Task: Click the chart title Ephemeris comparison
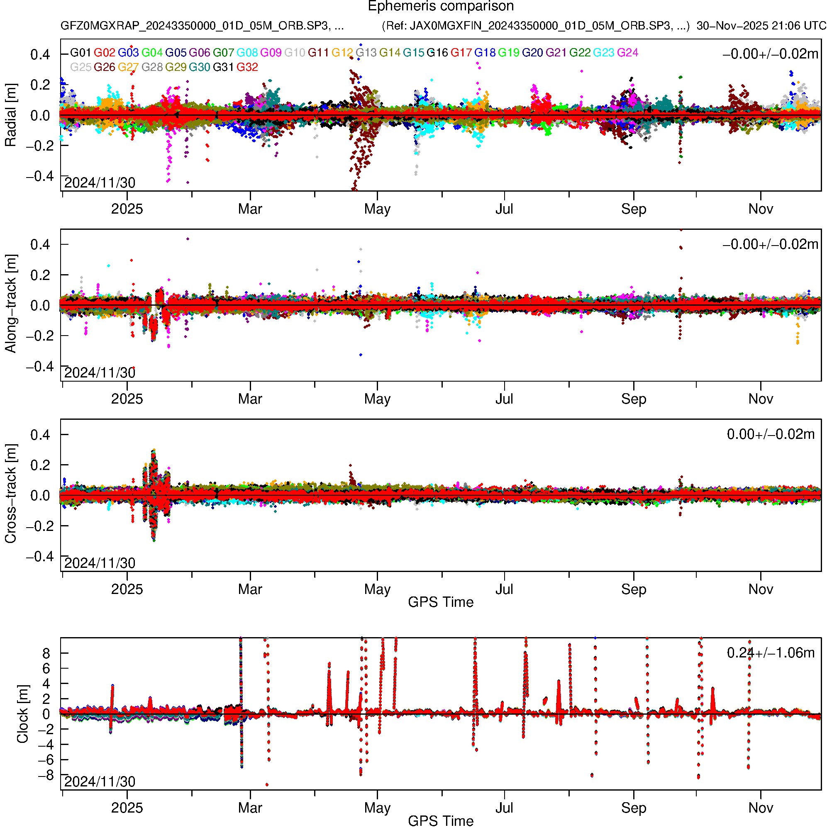point(441,6)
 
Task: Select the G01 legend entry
point(81,53)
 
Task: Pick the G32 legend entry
point(247,68)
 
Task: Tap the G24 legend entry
point(627,53)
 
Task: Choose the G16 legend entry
point(437,53)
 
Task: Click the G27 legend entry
point(128,68)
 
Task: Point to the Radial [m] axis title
point(10,115)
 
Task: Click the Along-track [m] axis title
point(10,304)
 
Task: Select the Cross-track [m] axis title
point(10,494)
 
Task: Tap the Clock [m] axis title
point(22,714)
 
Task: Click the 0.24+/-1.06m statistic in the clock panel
point(770,653)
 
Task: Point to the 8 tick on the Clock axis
point(46,653)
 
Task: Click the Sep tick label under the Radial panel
point(634,209)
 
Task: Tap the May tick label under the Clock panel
point(377,808)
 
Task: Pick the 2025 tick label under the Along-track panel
point(127,399)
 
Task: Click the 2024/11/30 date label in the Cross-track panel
point(100,563)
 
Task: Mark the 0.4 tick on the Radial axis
point(40,55)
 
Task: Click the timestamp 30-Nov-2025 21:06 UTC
point(761,26)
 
